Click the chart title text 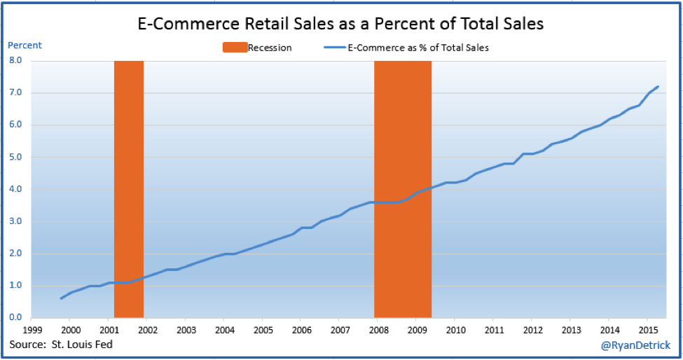pyautogui.click(x=340, y=23)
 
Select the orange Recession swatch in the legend pyautogui.click(x=235, y=48)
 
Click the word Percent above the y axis pyautogui.click(x=25, y=46)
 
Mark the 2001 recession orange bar pyautogui.click(x=129, y=189)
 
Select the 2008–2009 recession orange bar pyautogui.click(x=403, y=189)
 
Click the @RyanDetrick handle pyautogui.click(x=635, y=345)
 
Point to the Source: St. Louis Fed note pyautogui.click(x=61, y=344)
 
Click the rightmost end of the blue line pyautogui.click(x=658, y=87)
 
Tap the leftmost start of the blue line pyautogui.click(x=61, y=298)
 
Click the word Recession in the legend pyautogui.click(x=270, y=48)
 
